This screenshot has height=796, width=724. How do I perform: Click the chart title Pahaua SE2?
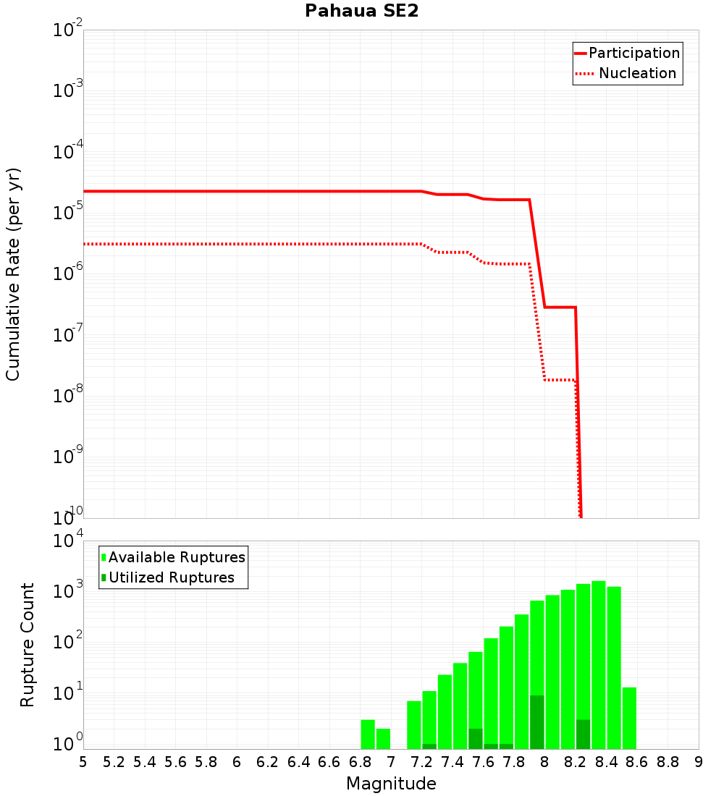361,11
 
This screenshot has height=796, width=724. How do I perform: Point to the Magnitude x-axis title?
391,784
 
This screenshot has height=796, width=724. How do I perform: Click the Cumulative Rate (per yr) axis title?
13,274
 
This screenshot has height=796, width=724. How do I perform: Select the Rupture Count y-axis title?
28,644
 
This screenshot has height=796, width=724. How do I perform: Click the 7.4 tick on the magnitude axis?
452,762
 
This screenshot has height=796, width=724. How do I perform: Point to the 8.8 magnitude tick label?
668,762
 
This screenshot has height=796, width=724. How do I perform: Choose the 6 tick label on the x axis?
237,762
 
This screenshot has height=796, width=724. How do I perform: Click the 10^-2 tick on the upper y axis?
67,30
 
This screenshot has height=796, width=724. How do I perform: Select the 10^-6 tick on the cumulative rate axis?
67,274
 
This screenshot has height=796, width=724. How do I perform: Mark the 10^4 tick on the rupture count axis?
67,541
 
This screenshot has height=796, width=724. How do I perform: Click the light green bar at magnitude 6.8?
368,734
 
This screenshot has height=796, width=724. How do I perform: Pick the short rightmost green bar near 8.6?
629,718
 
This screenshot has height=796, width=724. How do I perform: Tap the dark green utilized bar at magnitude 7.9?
536,722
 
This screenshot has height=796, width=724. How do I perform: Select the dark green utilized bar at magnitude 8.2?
583,734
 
